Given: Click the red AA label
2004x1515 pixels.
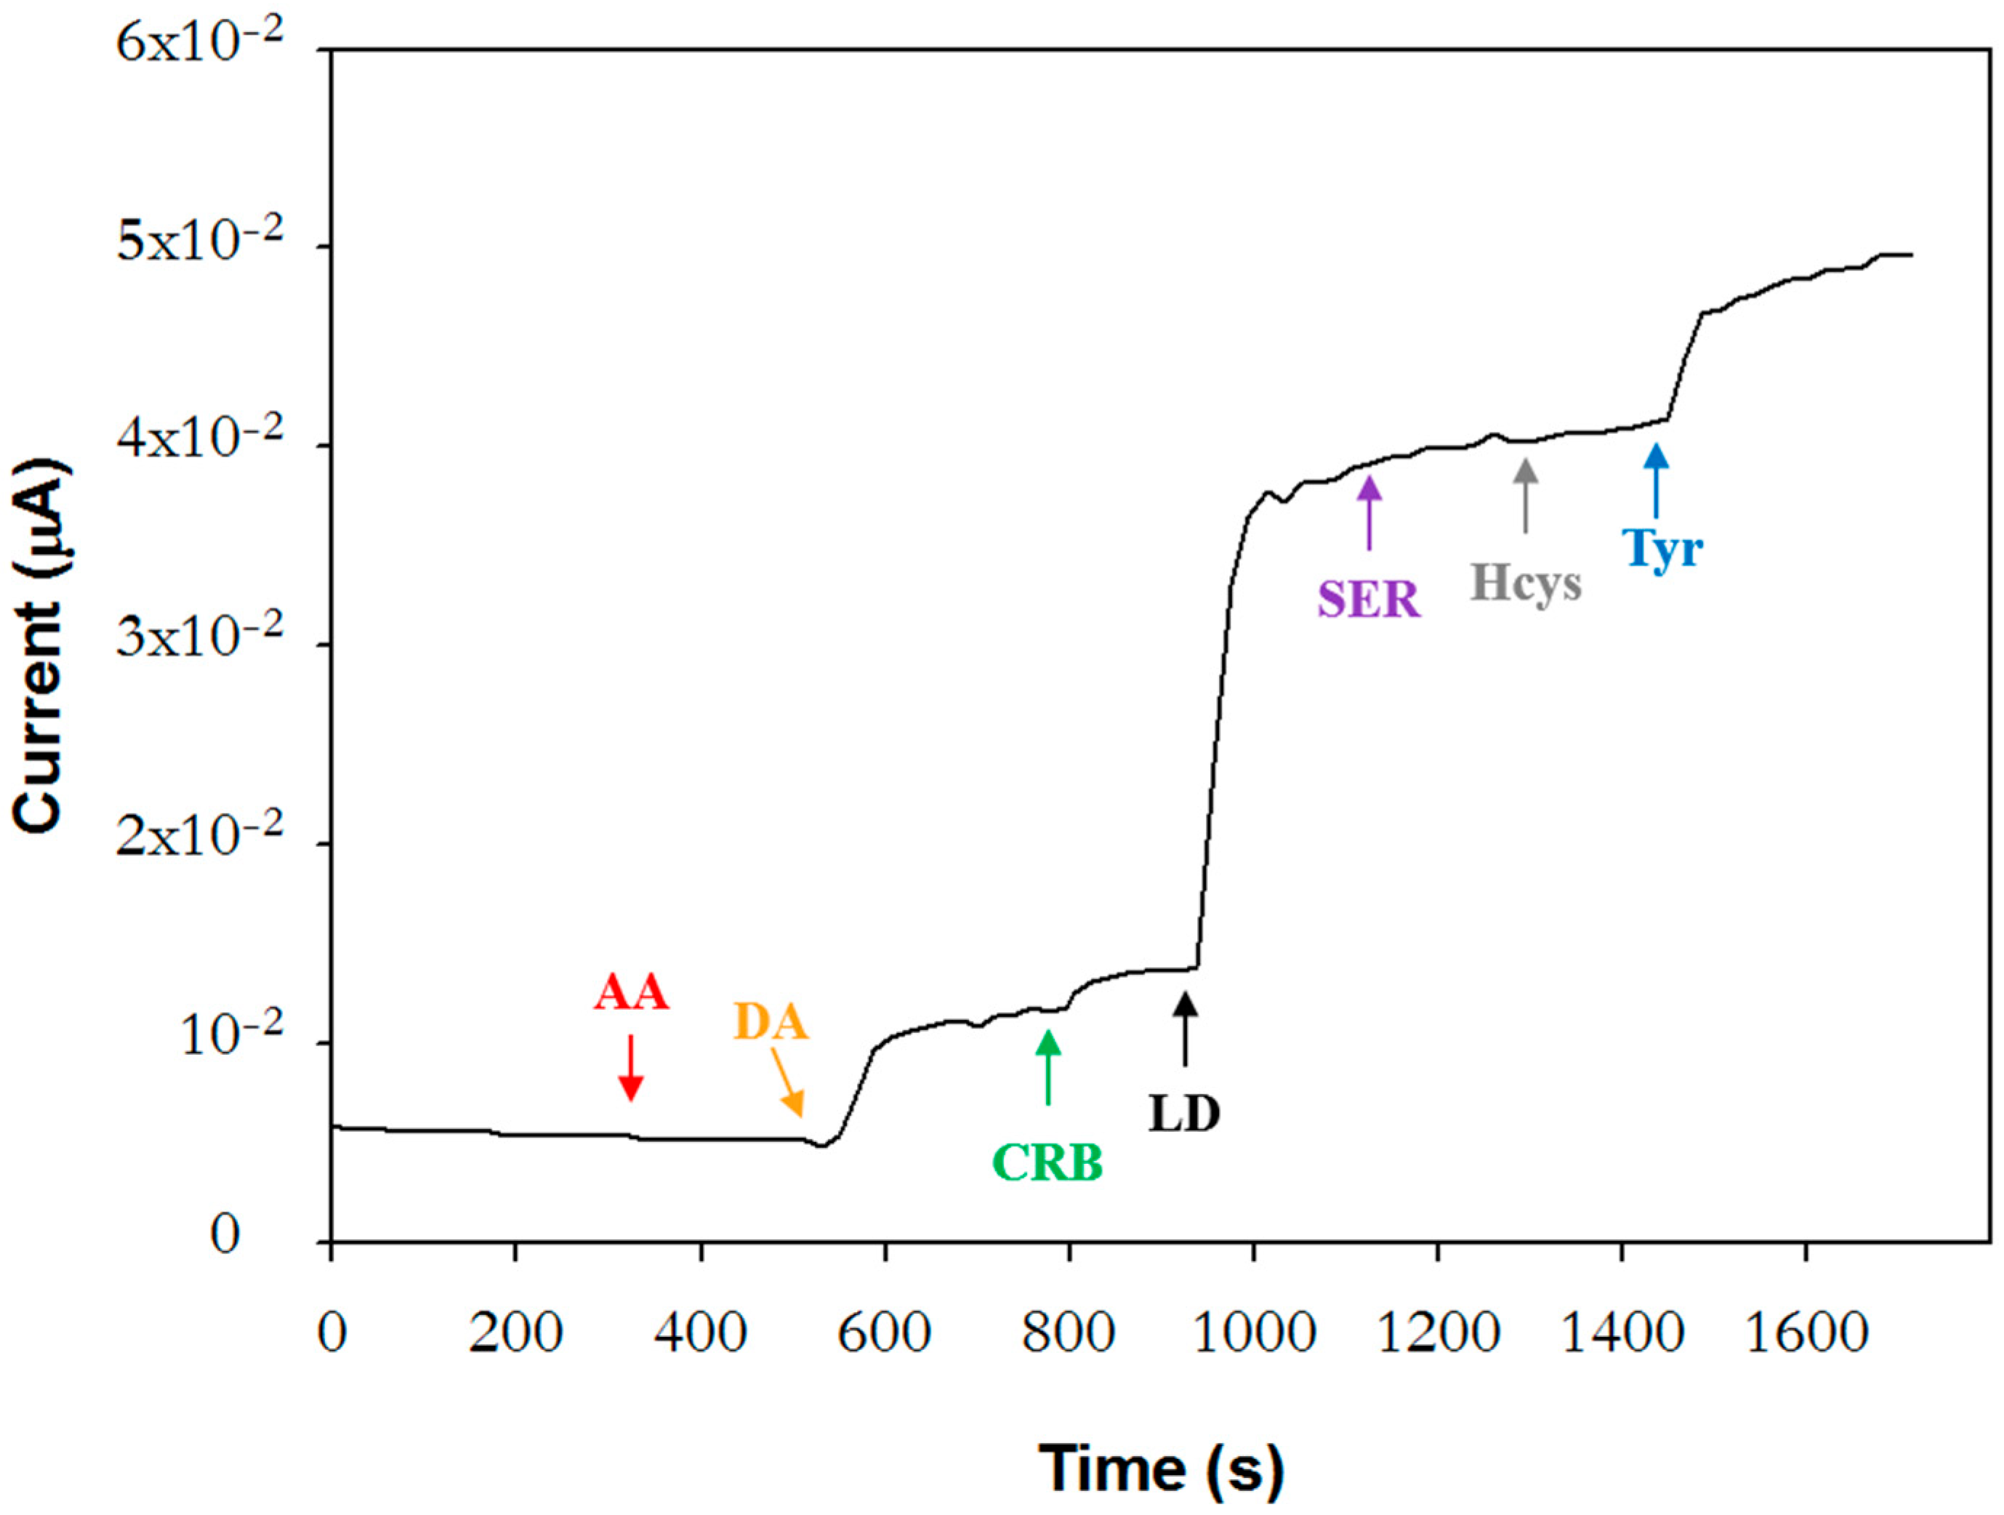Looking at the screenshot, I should [x=632, y=993].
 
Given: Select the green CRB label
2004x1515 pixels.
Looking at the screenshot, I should [x=1047, y=1162].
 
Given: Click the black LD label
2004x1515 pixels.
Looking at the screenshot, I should [x=1184, y=1114].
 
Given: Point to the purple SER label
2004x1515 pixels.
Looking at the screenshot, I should [x=1368, y=599].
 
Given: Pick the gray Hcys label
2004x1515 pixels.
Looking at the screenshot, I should [x=1526, y=582].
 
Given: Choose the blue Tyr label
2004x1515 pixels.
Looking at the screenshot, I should [x=1662, y=548].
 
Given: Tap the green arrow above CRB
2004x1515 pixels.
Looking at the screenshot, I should [x=1048, y=1067].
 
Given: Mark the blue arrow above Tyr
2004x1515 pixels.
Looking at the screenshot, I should [x=1656, y=481].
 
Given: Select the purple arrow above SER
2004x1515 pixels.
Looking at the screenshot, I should [x=1369, y=513].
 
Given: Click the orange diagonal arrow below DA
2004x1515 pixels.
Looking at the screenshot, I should [x=787, y=1082].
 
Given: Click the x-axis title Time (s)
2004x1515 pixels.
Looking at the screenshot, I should [x=1161, y=1468].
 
